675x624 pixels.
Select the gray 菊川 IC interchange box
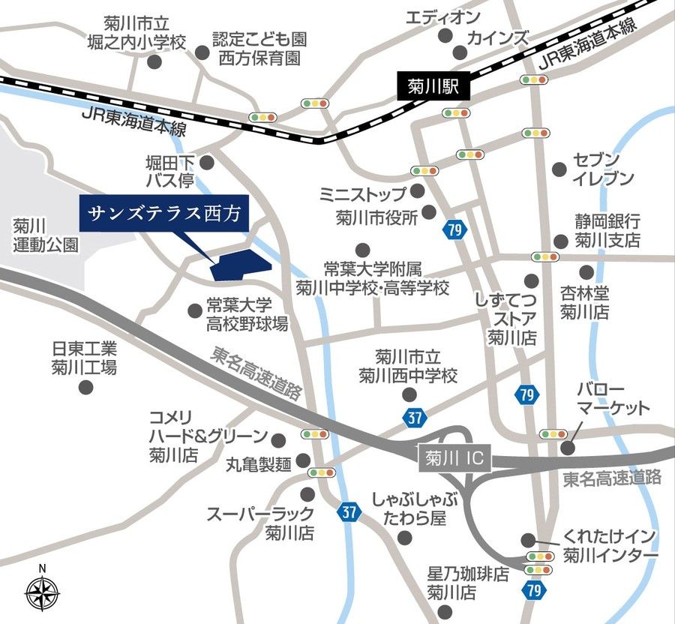click(452, 457)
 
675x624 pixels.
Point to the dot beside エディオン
click(445, 35)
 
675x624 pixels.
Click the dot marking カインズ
click(459, 52)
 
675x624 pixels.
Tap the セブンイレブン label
click(597, 169)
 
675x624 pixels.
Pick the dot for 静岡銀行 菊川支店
click(560, 241)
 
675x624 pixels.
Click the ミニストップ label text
click(362, 194)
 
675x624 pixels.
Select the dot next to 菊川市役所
click(428, 212)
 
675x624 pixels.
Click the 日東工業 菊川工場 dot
click(85, 388)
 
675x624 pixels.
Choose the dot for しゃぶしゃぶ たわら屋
click(404, 538)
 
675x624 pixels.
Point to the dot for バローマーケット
click(568, 448)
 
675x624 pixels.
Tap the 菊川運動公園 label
click(45, 234)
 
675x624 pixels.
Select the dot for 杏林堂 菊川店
click(586, 271)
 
